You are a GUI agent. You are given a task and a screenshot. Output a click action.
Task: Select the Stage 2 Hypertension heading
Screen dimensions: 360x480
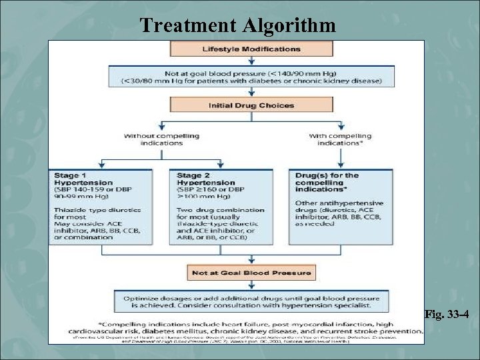[206, 179]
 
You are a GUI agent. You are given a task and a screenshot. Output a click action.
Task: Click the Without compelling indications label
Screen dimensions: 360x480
[161, 139]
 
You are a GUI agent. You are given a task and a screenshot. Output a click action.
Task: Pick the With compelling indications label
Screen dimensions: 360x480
[341, 139]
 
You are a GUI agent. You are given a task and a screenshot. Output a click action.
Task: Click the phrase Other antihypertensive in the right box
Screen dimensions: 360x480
[330, 203]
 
